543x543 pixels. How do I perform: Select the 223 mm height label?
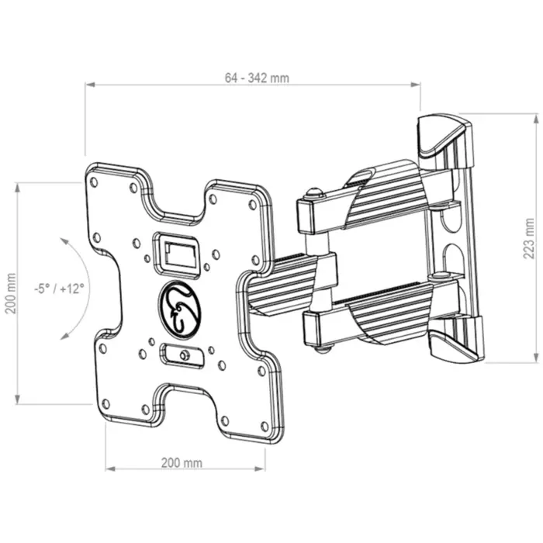pyautogui.click(x=528, y=237)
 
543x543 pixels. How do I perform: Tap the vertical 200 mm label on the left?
pyautogui.click(x=11, y=295)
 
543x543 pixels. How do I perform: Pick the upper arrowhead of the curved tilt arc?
pyautogui.click(x=67, y=241)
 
